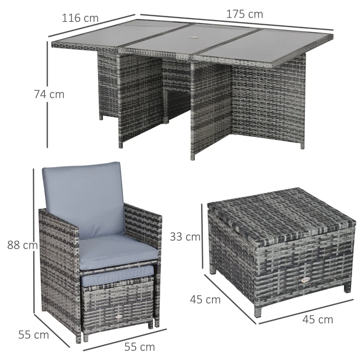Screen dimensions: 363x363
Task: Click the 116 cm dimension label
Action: click(x=79, y=19)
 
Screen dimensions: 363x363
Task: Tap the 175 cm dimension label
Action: click(x=245, y=14)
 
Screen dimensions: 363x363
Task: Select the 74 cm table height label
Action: click(x=49, y=95)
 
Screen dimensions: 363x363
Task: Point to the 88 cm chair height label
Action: click(x=22, y=245)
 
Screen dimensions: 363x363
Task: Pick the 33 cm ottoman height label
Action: click(x=185, y=236)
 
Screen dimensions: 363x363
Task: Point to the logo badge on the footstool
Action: click(x=119, y=317)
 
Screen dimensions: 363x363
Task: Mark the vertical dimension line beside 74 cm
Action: click(x=47, y=95)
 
